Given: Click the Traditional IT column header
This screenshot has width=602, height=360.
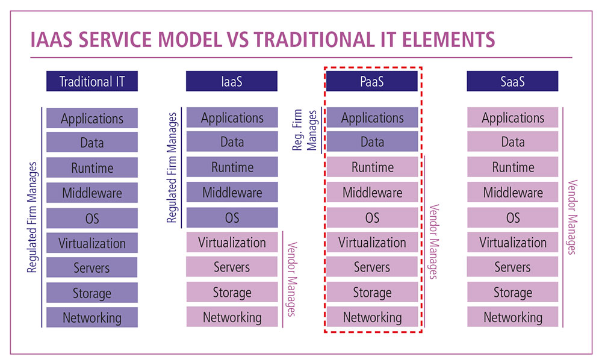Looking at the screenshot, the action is [92, 81].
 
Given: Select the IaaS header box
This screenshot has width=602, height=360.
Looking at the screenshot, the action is [232, 81].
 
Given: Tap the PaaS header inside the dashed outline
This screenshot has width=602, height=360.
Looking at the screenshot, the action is [372, 81].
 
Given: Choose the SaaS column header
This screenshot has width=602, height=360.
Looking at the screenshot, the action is [512, 81].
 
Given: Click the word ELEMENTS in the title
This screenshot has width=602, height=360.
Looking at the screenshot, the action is [448, 40].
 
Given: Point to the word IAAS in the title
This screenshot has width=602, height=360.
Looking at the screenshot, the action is [51, 40].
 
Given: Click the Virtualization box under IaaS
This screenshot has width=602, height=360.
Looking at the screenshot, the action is [232, 242].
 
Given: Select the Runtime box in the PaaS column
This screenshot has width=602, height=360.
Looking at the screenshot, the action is [372, 167].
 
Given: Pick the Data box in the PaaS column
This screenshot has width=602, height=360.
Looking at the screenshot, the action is [372, 141].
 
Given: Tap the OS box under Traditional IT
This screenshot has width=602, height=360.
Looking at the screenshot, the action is [92, 219].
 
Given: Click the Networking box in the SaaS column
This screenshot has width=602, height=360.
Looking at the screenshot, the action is [512, 317].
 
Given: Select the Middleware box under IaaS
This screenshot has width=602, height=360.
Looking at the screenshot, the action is [232, 192].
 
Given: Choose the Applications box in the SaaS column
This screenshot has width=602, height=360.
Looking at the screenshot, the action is [512, 117].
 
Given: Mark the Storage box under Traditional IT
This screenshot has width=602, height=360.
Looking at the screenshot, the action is [92, 293].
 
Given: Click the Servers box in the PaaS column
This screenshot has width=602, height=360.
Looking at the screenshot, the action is [372, 267].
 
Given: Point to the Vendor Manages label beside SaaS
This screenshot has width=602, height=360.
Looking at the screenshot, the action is [573, 217].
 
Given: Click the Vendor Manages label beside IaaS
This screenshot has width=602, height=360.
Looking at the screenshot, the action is [292, 279].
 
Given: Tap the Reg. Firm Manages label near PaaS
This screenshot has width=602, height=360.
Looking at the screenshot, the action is [305, 130].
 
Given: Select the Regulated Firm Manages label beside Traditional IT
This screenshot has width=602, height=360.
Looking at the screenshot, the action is [33, 217].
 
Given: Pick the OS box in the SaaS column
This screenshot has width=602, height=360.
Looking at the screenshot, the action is [512, 217].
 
